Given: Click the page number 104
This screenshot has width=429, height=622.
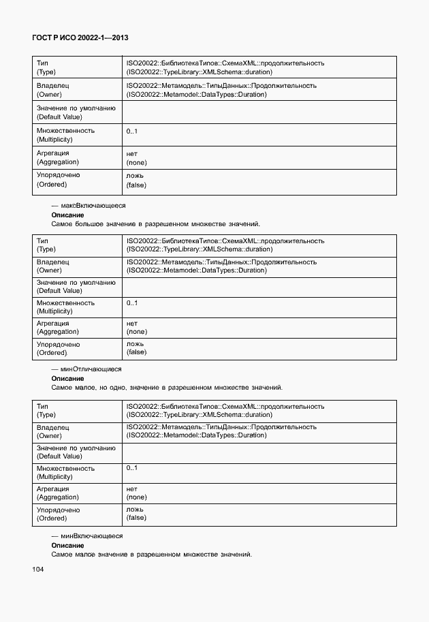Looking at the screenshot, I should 37,569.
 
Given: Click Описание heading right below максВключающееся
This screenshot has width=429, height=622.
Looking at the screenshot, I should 67,215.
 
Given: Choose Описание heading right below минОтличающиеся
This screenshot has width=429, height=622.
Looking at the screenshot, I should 67,379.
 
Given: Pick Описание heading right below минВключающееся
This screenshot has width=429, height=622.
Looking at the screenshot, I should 67,546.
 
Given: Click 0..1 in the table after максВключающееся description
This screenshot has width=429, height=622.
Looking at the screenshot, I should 132,303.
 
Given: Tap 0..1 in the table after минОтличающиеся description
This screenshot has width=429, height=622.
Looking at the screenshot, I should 132,468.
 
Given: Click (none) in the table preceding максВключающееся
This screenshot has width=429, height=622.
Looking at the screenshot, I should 136,162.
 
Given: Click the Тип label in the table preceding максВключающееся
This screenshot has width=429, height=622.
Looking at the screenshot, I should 42,63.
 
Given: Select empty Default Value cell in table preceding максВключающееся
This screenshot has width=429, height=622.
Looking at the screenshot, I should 259,112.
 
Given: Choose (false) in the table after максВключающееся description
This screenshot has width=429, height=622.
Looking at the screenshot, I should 136,352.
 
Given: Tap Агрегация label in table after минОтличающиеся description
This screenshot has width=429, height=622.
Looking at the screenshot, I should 53,489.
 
